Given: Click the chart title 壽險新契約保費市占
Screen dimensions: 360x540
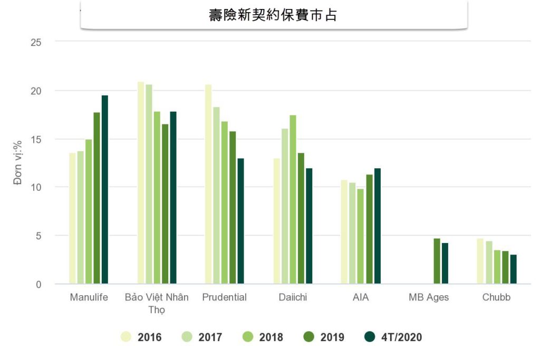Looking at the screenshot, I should [273, 15].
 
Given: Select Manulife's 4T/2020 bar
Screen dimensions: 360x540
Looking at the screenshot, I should [105, 190].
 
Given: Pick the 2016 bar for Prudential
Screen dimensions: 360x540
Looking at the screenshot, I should [208, 184].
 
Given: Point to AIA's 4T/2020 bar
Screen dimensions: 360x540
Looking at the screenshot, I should [377, 226].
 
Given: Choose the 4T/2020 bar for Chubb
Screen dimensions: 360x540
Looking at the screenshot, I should [513, 269].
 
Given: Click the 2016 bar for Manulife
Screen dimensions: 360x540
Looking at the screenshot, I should [72, 218].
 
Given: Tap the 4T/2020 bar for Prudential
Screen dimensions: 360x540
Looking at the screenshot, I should [240, 221].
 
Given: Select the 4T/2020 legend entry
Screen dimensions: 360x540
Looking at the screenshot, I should [394, 337].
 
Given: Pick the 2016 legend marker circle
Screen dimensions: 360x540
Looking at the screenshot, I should [126, 337].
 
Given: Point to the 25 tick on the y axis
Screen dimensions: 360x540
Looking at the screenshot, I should [36, 42].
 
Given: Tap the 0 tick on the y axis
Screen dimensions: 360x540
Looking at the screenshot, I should [38, 285].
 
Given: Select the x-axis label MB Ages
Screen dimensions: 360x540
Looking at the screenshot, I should [429, 297].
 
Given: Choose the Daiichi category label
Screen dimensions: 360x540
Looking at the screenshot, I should [293, 297].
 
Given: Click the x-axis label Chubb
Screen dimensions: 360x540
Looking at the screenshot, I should [496, 297].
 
